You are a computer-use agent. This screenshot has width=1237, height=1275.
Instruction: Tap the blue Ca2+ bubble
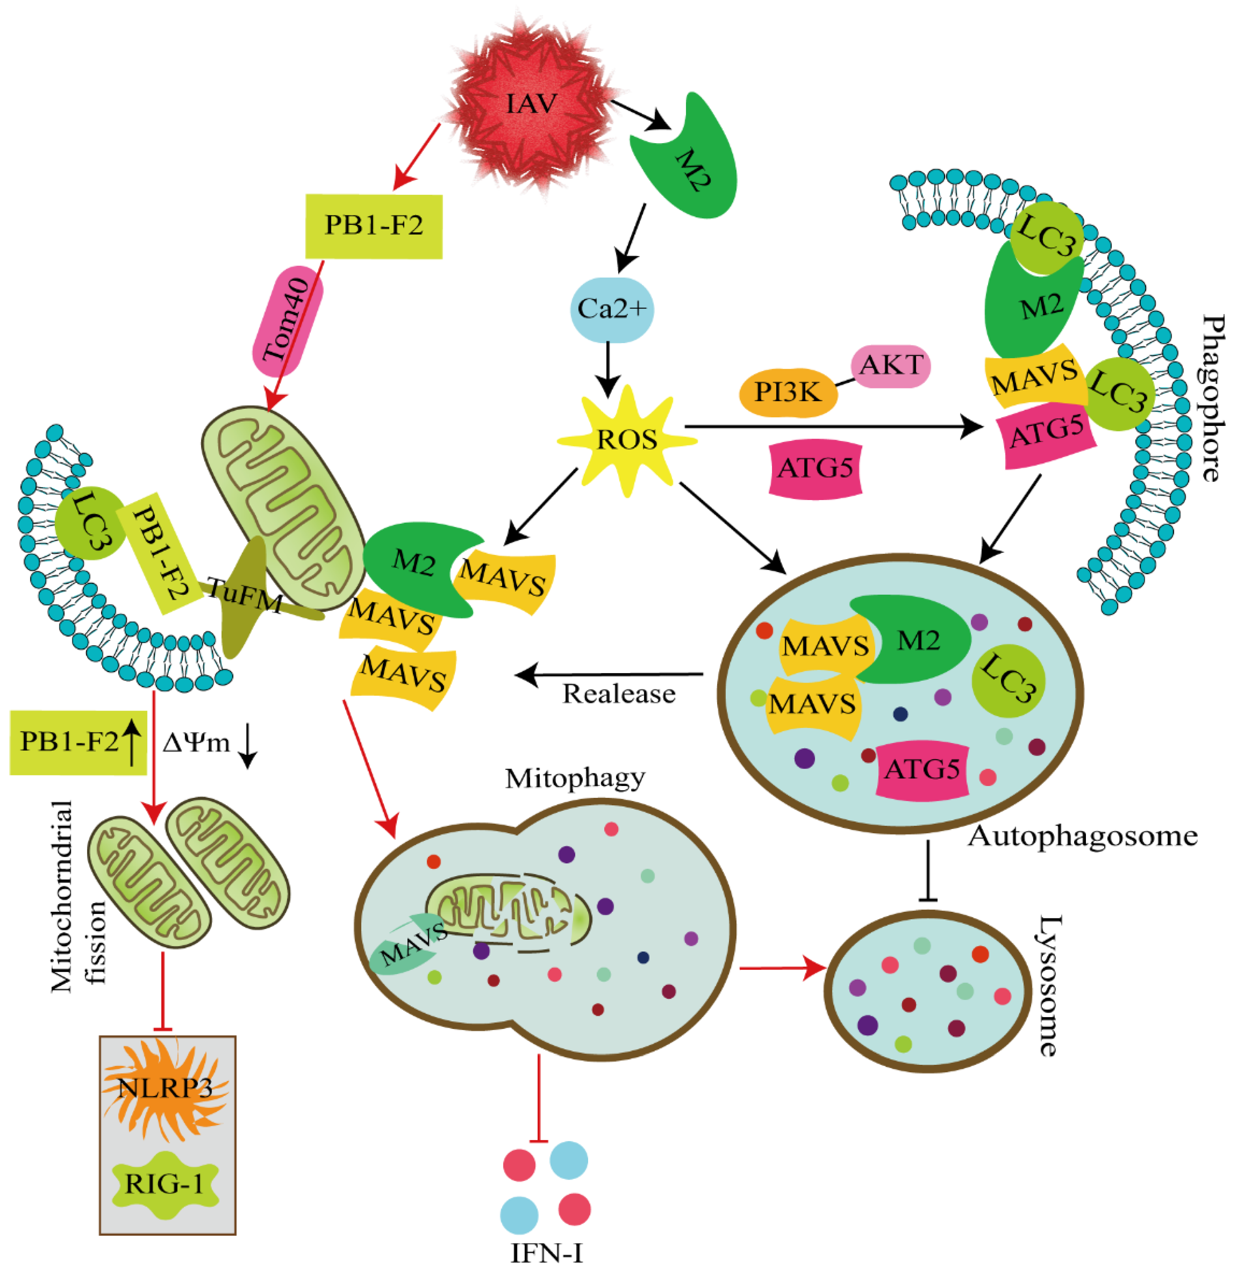[612, 309]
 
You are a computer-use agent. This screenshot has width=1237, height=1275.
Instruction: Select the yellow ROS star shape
[627, 440]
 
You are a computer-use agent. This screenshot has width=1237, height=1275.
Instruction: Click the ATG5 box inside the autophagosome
[922, 769]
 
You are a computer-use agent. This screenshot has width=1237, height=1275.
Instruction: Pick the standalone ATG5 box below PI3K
[815, 469]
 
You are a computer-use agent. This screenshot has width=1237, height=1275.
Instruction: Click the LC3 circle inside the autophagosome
[1008, 680]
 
